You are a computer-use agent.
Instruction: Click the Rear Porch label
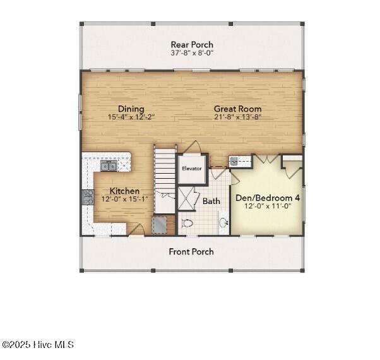click(192, 45)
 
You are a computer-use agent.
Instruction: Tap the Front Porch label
click(191, 251)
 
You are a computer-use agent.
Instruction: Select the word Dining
click(131, 109)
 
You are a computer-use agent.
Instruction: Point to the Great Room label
click(237, 109)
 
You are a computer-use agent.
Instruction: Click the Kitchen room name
click(124, 191)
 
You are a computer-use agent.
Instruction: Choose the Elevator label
click(191, 169)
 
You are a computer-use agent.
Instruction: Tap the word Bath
click(211, 201)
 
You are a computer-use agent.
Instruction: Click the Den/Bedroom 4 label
click(268, 198)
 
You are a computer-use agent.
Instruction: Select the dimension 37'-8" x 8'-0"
click(192, 54)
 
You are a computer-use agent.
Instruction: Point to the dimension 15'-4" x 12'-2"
click(131, 117)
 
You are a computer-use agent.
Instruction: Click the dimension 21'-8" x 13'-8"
click(237, 117)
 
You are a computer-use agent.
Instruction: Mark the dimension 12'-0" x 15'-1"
click(124, 200)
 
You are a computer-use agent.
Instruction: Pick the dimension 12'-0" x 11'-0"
click(268, 206)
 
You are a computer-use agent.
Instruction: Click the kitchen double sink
click(109, 165)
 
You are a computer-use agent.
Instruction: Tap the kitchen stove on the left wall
click(87, 198)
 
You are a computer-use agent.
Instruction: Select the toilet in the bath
click(187, 224)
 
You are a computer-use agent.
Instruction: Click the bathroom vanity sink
click(223, 222)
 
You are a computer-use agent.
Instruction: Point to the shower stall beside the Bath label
click(187, 198)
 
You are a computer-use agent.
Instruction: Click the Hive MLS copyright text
click(38, 345)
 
